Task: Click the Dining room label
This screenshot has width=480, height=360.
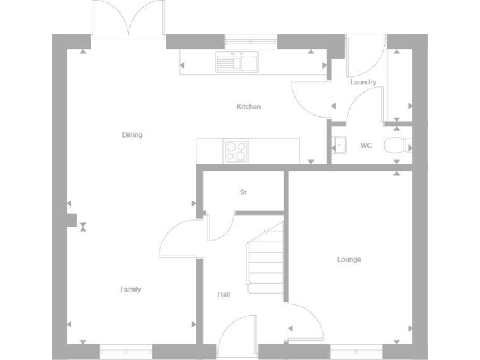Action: coord(132,134)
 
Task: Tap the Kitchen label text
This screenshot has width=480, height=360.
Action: coord(248,107)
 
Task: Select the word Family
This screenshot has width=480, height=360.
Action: coord(131,289)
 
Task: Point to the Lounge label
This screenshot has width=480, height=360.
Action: coord(349,259)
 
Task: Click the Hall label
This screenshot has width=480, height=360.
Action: coord(224,294)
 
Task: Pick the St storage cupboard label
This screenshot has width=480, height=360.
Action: coord(243,192)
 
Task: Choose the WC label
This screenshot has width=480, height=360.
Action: coord(366,146)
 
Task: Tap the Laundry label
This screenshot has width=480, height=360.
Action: coord(363,82)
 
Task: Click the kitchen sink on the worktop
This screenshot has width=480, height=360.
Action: coord(237,62)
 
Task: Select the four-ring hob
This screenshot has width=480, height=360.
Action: coord(236,151)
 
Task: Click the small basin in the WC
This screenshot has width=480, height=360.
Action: coord(339,145)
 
